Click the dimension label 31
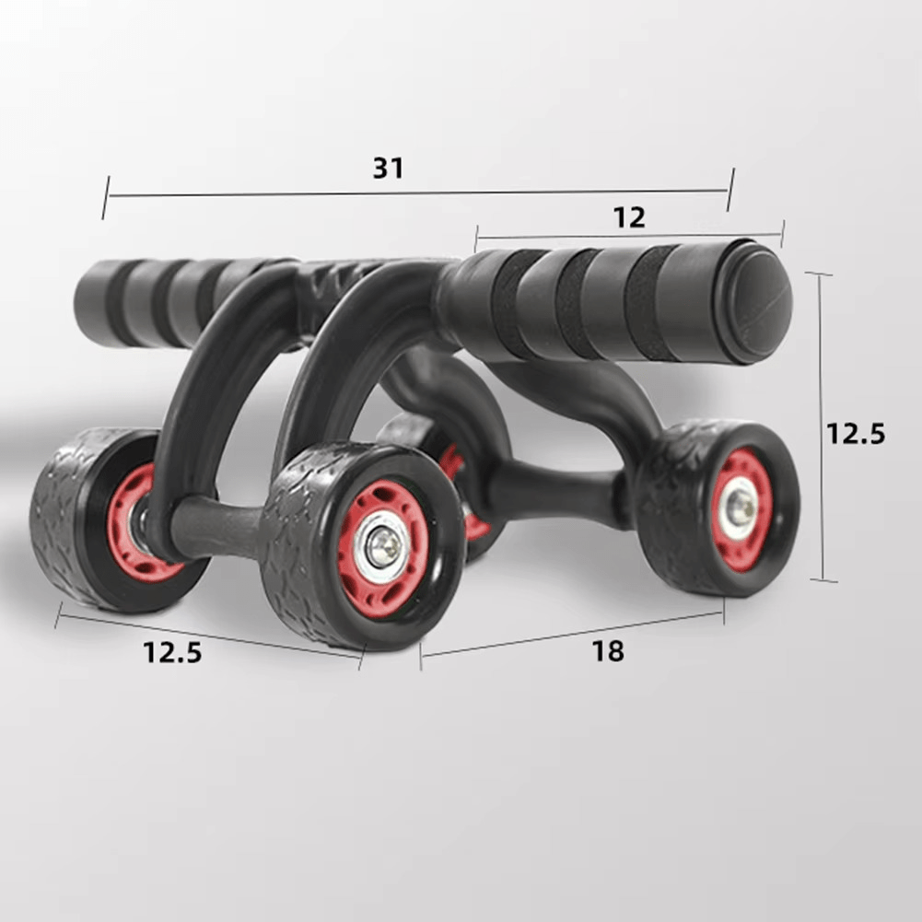click(388, 169)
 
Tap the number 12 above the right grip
click(629, 217)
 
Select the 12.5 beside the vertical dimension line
click(855, 433)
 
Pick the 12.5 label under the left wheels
click(171, 652)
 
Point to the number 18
click(608, 651)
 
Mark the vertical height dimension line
click(820, 428)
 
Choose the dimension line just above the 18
click(571, 633)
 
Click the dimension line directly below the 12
click(629, 235)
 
